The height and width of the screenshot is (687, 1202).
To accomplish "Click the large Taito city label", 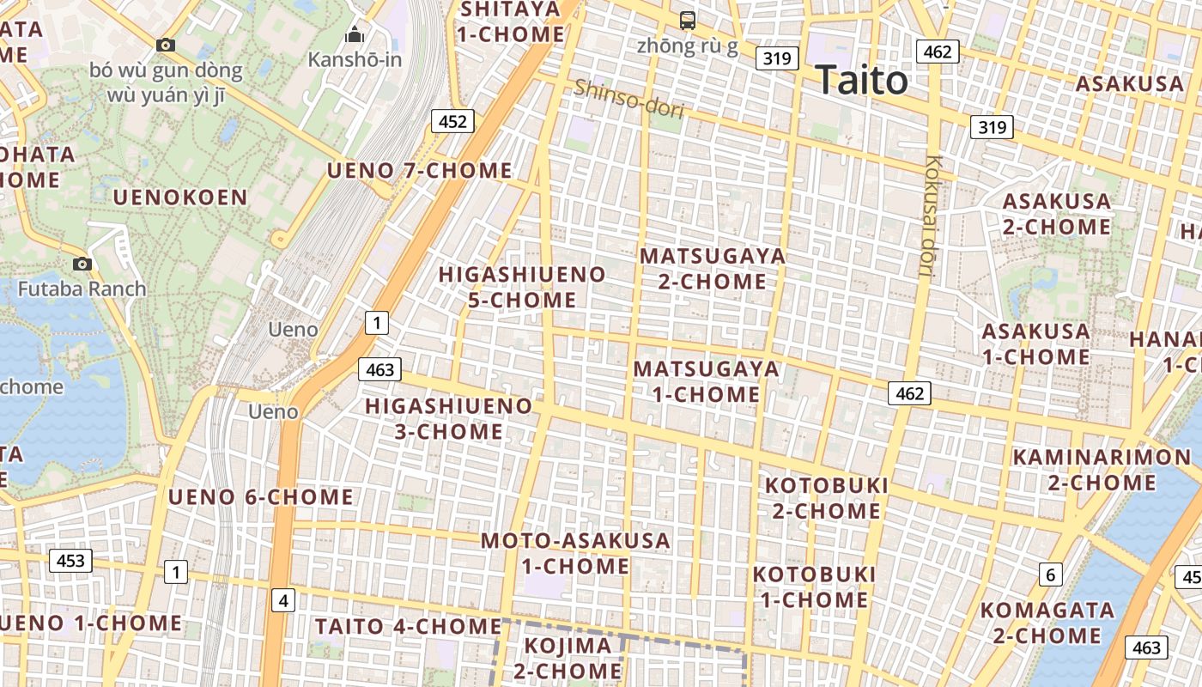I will click(861, 81).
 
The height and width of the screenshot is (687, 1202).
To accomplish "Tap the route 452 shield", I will click(452, 122).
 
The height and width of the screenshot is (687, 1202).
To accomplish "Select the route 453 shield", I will click(70, 561).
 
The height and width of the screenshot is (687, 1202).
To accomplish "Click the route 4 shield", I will click(283, 600).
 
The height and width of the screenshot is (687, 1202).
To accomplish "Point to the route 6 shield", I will click(1050, 575).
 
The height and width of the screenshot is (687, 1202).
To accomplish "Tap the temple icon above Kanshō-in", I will click(354, 35).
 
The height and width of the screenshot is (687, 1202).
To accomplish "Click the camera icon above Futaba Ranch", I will click(82, 264).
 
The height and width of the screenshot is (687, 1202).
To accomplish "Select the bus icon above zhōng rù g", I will click(687, 20).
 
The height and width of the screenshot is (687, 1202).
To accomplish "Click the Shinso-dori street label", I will click(628, 99).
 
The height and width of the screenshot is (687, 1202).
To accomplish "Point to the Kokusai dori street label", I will click(931, 215).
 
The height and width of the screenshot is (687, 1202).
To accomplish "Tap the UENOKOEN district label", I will click(180, 198).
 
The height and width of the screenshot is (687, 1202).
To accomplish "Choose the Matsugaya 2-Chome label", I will click(713, 269).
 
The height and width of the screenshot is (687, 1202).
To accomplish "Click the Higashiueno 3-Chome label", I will click(449, 418).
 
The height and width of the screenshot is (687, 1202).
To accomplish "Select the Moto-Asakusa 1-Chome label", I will click(575, 553).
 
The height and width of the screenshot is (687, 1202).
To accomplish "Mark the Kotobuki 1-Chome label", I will click(815, 587).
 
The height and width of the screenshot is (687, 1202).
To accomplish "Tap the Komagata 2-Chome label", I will click(1047, 623).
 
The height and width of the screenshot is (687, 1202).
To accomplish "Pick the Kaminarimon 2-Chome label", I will click(1102, 469).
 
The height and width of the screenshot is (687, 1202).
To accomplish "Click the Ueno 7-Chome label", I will click(420, 170).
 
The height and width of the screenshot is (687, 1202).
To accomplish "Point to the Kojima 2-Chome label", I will click(568, 658).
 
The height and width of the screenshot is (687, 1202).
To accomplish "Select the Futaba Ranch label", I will click(82, 289).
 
